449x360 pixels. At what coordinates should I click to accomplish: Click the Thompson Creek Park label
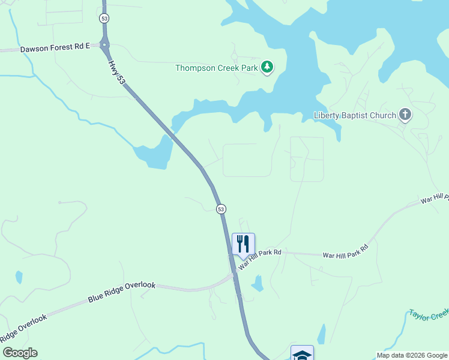tap(216, 68)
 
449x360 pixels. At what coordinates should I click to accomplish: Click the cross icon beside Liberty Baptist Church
tap(405, 114)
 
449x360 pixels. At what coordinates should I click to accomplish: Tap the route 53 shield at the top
tap(104, 19)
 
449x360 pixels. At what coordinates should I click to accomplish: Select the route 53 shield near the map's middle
tap(221, 208)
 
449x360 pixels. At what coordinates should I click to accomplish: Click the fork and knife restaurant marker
tap(243, 244)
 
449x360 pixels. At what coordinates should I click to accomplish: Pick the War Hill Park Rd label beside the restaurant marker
tap(260, 258)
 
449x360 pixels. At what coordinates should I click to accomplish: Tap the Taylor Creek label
tap(429, 314)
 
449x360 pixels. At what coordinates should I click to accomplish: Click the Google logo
tap(20, 353)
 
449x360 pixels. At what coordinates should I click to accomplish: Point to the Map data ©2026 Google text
tap(411, 355)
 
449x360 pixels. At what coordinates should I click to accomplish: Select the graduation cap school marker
tap(302, 354)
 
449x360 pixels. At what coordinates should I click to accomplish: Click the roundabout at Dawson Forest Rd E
tap(105, 44)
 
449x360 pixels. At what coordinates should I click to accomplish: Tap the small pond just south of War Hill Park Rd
tap(258, 283)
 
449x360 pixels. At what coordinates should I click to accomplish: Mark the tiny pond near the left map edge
tap(19, 277)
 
